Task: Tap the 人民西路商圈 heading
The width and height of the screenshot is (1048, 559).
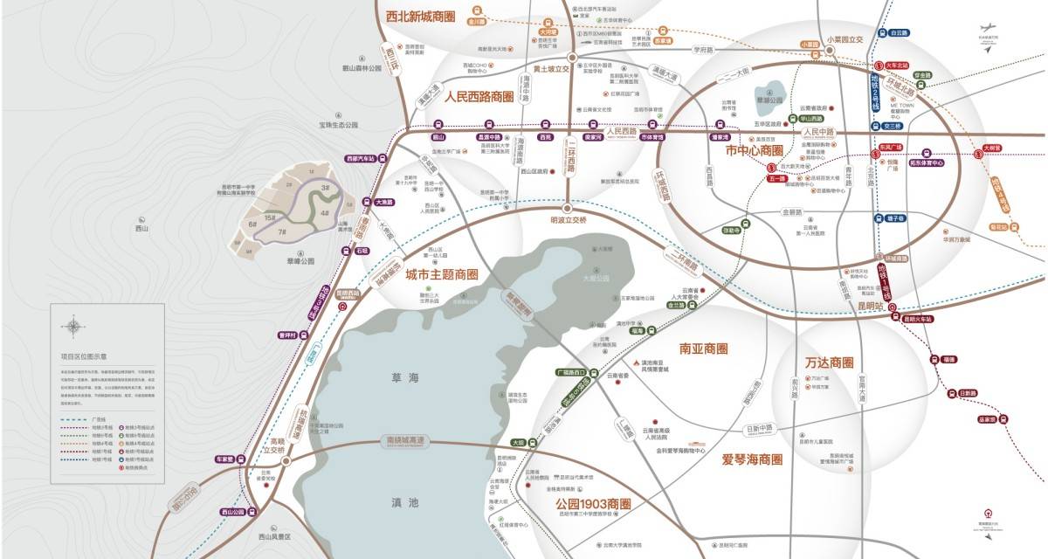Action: [479, 95]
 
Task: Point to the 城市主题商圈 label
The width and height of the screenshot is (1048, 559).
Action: [442, 273]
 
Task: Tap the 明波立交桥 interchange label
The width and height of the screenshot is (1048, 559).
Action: [568, 220]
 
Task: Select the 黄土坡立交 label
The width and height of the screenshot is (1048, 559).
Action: [551, 68]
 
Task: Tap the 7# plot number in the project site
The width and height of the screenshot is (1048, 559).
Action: [282, 232]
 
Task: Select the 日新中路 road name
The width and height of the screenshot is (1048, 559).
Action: [759, 428]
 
